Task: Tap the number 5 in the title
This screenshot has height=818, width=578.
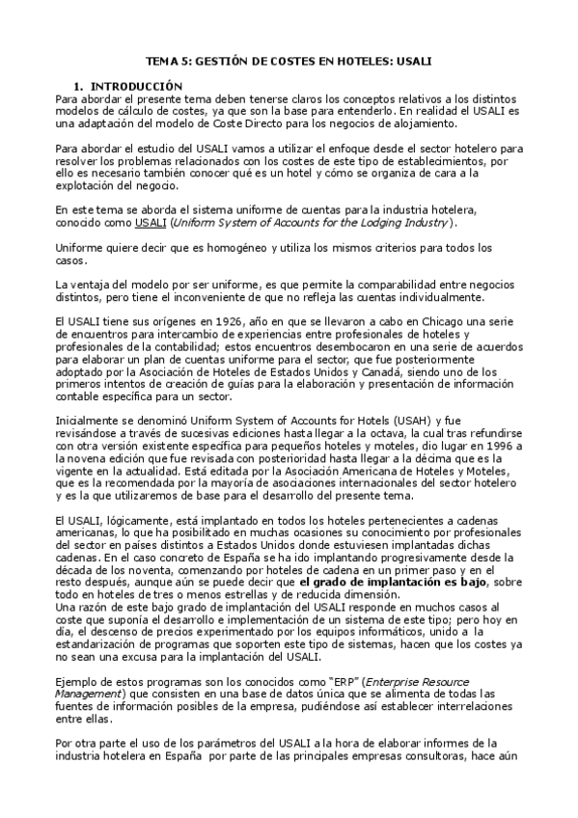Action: point(183,60)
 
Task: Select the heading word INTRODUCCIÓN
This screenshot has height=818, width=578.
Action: point(143,86)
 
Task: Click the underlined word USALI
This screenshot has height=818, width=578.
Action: point(150,222)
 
